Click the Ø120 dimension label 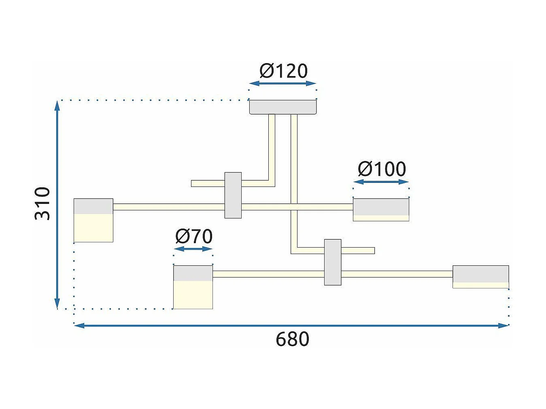(283, 71)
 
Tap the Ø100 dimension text (382, 170)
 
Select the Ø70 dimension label (194, 236)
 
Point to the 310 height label (42, 203)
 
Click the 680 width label (293, 339)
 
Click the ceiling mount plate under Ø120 (283, 107)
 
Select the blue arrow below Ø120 (283, 84)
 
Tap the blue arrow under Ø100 (381, 182)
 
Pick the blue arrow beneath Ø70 (193, 249)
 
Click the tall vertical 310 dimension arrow (57, 205)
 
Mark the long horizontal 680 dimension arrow (291, 326)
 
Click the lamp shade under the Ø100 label (381, 210)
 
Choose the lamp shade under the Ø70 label (193, 287)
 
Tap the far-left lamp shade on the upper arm (93, 220)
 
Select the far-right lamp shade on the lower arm (480, 277)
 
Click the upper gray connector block (233, 195)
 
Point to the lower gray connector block (333, 262)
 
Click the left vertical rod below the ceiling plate (272, 147)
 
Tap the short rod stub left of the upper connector (208, 184)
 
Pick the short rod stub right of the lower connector (358, 251)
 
